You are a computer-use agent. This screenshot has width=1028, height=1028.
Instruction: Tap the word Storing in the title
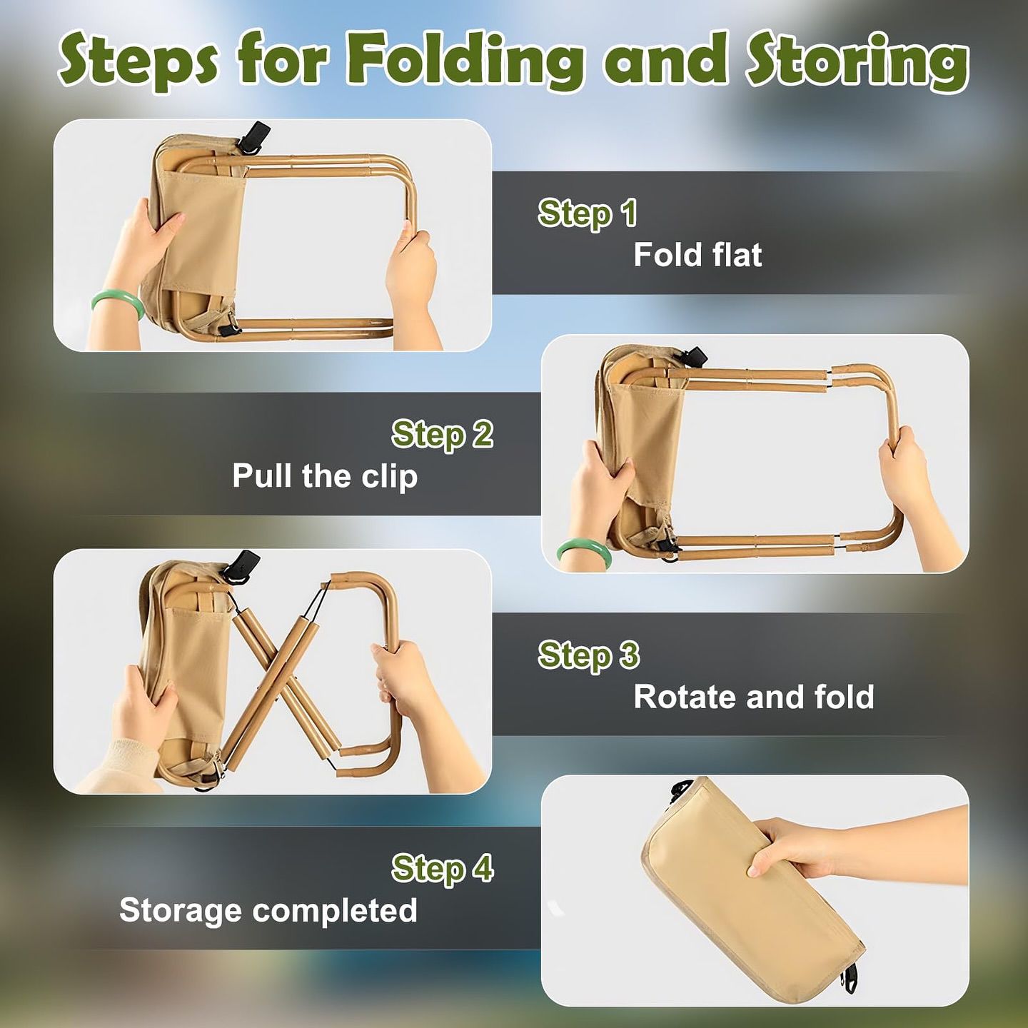857,61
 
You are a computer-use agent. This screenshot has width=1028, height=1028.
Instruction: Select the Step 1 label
587,213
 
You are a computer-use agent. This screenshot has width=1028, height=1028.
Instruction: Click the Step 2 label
442,435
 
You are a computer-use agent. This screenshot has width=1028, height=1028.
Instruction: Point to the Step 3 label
588,655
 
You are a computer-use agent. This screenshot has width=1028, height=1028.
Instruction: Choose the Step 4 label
442,869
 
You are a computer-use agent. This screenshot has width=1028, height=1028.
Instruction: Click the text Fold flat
697,255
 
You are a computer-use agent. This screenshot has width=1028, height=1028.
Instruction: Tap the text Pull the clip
325,476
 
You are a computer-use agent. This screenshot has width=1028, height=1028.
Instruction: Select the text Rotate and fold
754,697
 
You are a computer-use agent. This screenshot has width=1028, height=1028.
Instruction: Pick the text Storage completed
268,910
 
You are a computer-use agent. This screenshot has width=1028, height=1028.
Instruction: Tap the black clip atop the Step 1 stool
255,136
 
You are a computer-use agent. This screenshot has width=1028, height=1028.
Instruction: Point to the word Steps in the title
138,61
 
